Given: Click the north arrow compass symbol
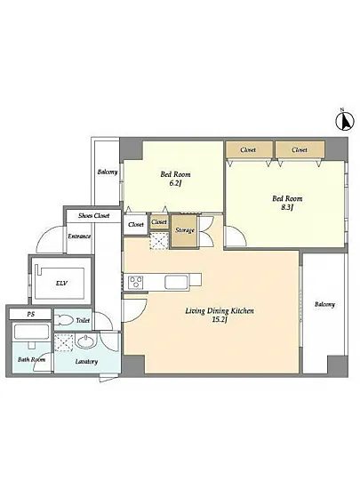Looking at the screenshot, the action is click(345, 120).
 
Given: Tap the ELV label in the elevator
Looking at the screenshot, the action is click(62, 284).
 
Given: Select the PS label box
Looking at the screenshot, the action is click(30, 314).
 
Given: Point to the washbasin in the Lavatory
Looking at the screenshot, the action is click(86, 341).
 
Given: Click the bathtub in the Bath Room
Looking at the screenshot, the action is click(31, 333).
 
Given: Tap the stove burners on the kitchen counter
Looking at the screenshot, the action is click(136, 282).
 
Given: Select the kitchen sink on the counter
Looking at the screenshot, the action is click(176, 282).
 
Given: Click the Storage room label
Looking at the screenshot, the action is click(185, 230).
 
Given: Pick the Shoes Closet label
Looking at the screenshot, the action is click(94, 215).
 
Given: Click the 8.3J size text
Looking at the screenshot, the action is click(287, 207).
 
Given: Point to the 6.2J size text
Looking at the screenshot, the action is click(175, 183).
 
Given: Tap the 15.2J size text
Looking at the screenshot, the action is click(220, 320).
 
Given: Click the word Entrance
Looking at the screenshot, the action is click(79, 236).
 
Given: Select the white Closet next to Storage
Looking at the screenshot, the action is click(136, 225).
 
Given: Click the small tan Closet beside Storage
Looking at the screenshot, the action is click(159, 222).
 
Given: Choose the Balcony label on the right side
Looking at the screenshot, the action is click(324, 304).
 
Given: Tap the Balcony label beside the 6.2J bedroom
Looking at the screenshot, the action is click(108, 172).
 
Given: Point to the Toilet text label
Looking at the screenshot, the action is click(83, 320).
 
